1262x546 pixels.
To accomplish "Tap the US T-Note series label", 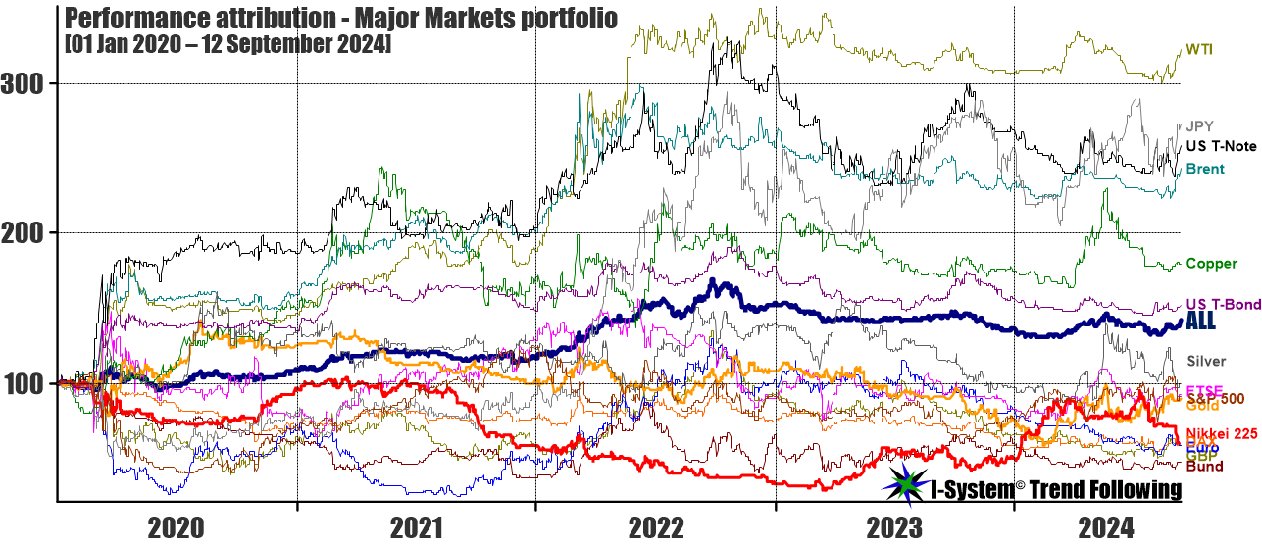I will click(x=1221, y=146).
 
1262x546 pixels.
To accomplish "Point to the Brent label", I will click(x=1204, y=169).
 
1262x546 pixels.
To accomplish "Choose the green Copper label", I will click(x=1210, y=263).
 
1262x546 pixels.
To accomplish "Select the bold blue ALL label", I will click(x=1201, y=321).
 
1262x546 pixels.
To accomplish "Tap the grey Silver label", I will click(x=1206, y=361).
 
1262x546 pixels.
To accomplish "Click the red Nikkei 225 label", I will click(x=1221, y=433).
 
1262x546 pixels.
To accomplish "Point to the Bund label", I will click(x=1203, y=467).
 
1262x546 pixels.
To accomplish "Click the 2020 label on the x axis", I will click(x=177, y=528).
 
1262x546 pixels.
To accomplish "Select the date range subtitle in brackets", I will click(x=227, y=45).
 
